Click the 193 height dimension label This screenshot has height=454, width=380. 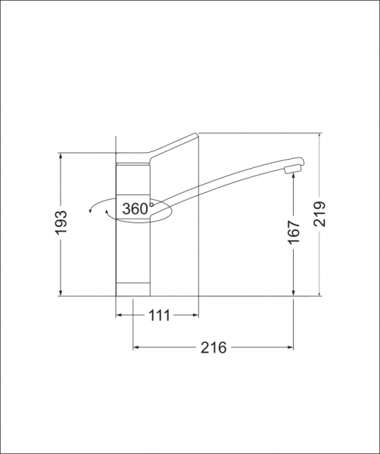pyautogui.click(x=61, y=222)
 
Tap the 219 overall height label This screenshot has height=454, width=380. pyautogui.click(x=320, y=214)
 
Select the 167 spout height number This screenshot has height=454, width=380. pyautogui.click(x=294, y=232)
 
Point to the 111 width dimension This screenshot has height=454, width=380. pyautogui.click(x=159, y=316)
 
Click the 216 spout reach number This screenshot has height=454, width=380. pyautogui.click(x=213, y=347)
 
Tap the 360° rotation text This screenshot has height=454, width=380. pyautogui.click(x=136, y=209)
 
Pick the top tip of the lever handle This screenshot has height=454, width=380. pyautogui.click(x=196, y=134)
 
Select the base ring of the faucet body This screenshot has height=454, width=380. pyautogui.click(x=133, y=289)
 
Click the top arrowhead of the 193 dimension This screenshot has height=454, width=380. pyautogui.click(x=61, y=155)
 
